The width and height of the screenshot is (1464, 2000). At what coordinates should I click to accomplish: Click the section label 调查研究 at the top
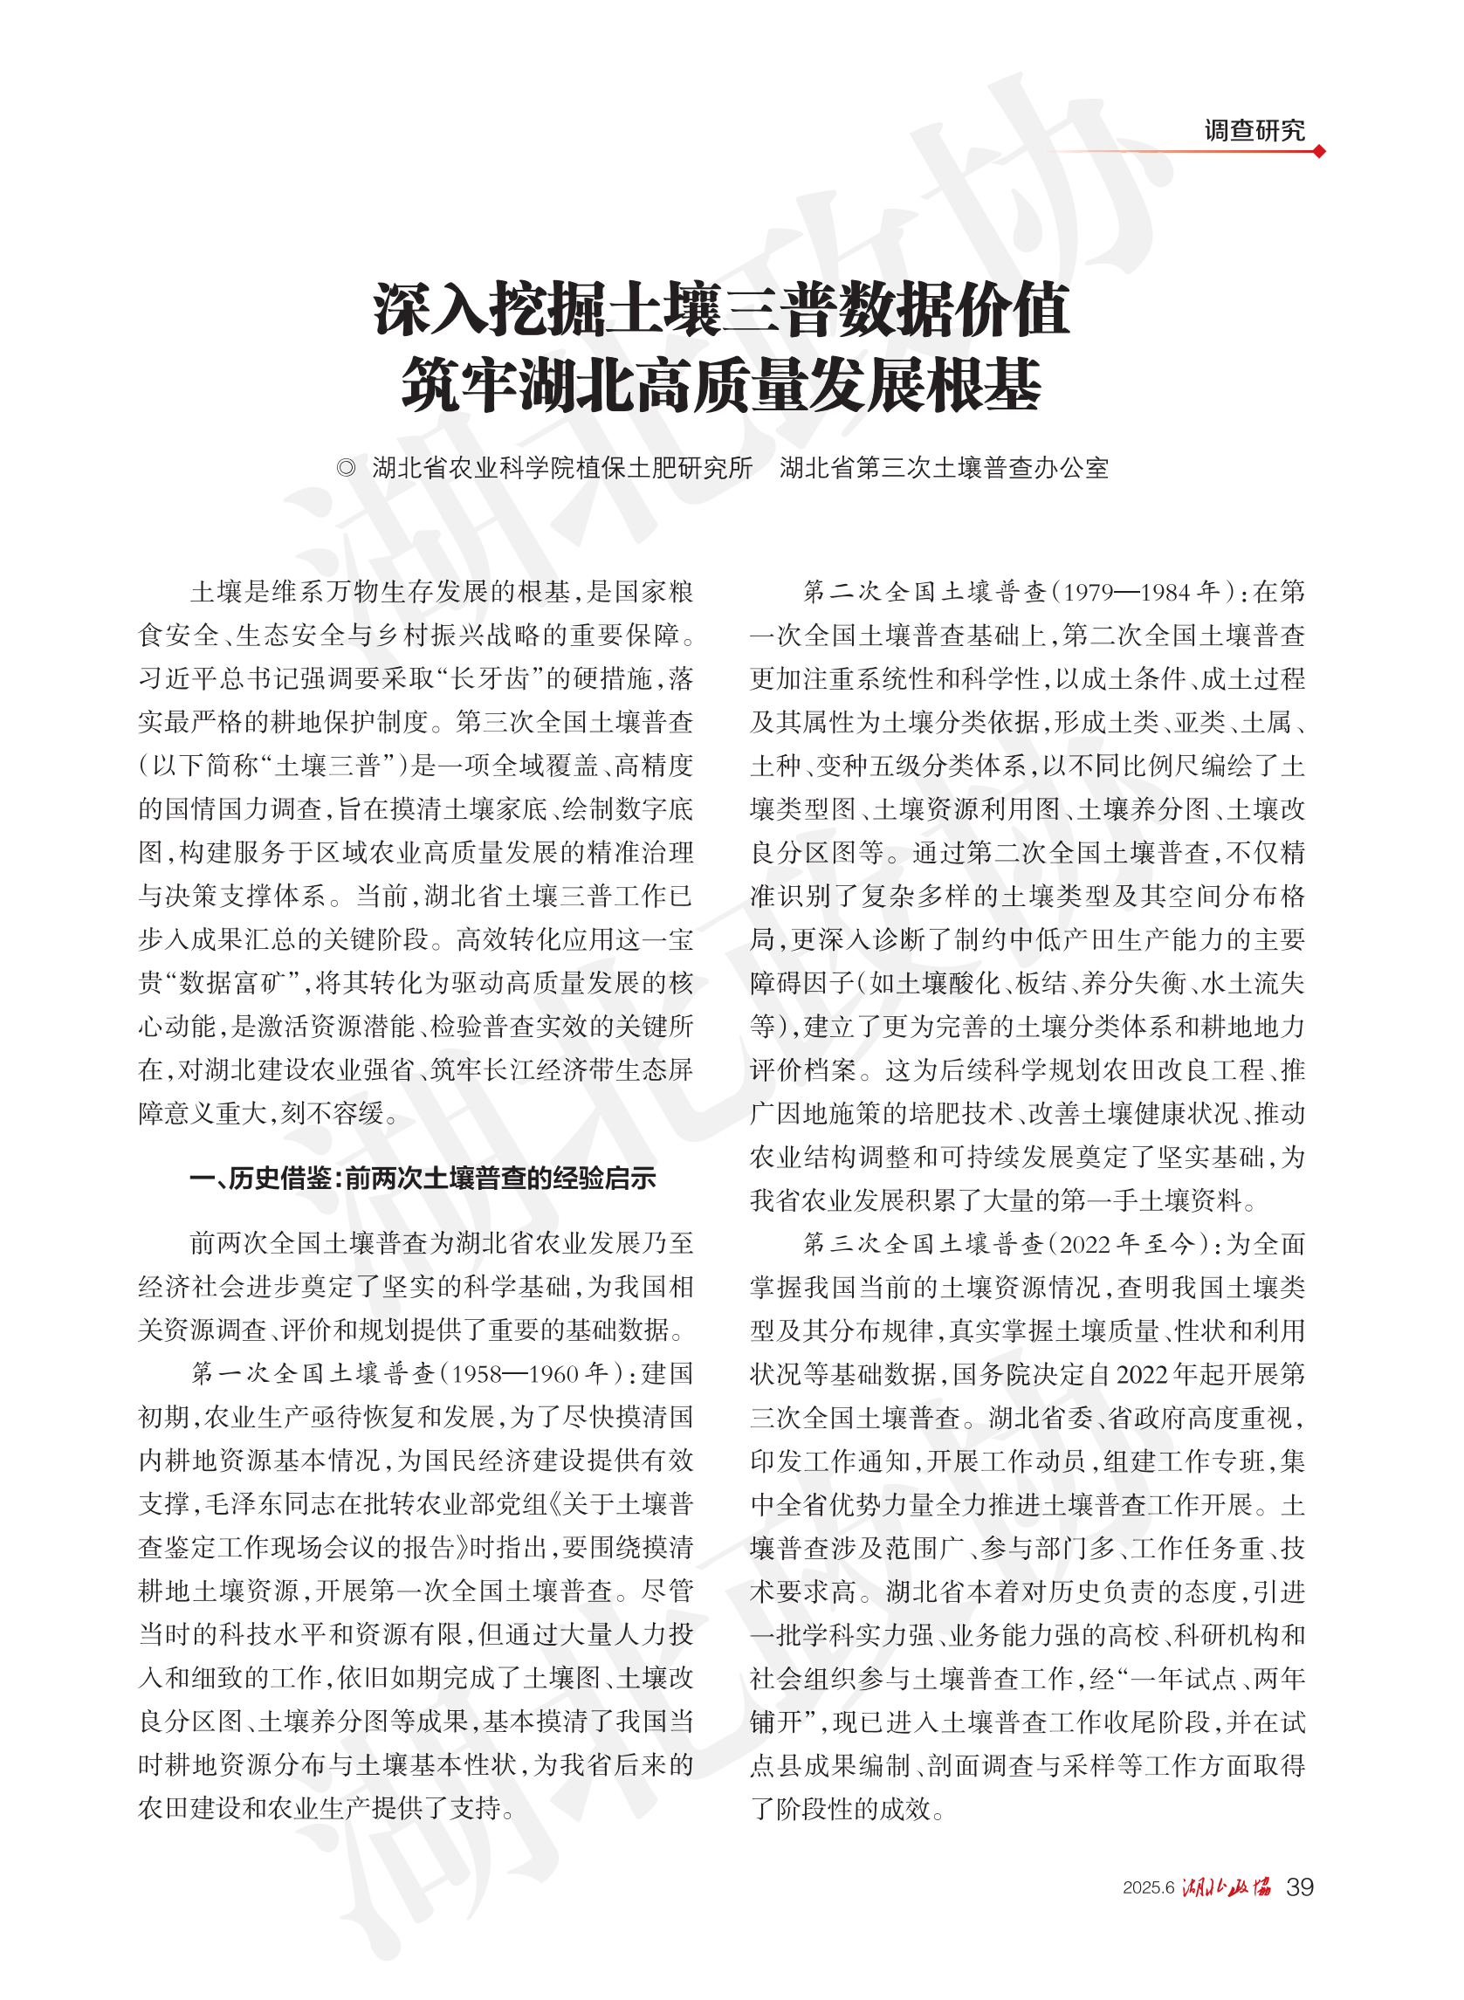(1253, 131)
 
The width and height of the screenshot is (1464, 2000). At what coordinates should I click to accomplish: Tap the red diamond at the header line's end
(1319, 152)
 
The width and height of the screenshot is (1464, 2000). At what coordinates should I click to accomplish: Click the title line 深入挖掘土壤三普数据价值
(721, 309)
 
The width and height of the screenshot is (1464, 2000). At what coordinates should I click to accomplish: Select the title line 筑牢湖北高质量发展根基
(721, 385)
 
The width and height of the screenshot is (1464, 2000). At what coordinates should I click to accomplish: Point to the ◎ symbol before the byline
(346, 468)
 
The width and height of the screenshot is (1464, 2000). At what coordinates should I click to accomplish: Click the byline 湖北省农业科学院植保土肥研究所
(562, 468)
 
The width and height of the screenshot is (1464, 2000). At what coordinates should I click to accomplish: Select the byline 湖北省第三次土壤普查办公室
(944, 468)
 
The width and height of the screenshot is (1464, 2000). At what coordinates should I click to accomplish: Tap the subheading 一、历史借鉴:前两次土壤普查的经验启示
(423, 1178)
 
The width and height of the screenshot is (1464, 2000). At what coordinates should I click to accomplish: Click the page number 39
(1299, 1887)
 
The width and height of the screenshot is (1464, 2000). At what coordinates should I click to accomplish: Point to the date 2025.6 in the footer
(1148, 1887)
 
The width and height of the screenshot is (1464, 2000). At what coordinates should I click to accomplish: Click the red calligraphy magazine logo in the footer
(1227, 1887)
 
